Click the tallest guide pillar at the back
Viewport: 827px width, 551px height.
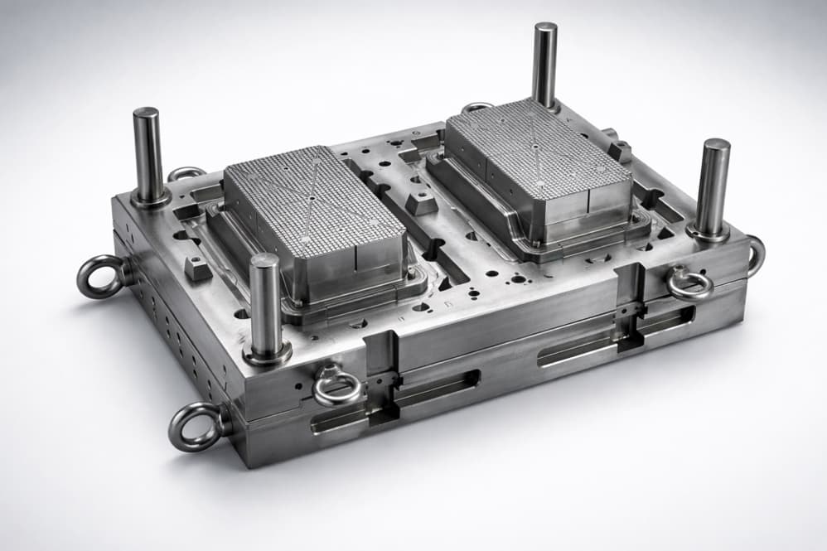click(544, 66)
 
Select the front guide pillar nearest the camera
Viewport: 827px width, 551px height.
click(266, 307)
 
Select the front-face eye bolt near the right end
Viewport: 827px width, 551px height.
click(689, 283)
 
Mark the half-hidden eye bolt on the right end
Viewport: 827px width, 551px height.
click(756, 255)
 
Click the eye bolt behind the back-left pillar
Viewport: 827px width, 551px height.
click(186, 173)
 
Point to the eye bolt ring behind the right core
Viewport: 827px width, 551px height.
click(477, 107)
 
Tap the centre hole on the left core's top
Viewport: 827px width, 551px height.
click(310, 198)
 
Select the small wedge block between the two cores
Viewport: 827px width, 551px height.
click(422, 202)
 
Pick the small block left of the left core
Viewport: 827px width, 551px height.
click(196, 267)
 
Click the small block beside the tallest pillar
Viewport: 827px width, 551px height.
click(619, 150)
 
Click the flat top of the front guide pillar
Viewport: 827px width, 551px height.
click(265, 260)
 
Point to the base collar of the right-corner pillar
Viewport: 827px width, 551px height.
click(709, 233)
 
